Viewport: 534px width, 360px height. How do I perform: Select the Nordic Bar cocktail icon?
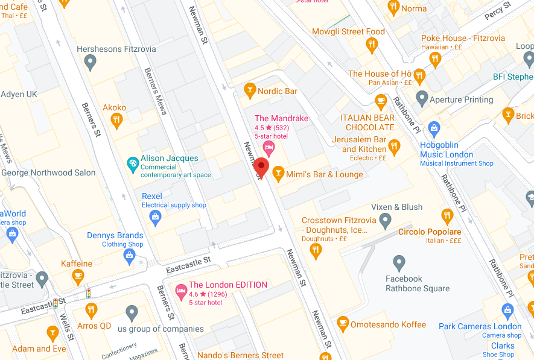tap(249, 91)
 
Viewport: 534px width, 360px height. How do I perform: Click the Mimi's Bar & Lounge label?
tap(324, 174)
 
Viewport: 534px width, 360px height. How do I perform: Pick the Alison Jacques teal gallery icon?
tap(132, 163)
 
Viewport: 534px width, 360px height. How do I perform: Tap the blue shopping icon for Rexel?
tap(156, 217)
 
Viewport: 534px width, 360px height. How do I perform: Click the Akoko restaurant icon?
tap(117, 120)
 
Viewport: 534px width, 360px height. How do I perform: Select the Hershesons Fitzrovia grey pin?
tap(91, 61)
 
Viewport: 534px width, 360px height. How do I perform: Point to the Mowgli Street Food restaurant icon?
tap(372, 44)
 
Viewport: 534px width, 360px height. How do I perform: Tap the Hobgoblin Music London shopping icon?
tap(433, 128)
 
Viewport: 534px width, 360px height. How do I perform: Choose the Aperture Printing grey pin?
tap(422, 98)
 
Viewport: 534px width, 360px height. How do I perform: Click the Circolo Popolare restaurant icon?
tap(447, 215)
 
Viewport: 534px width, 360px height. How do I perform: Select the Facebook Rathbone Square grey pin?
tap(399, 262)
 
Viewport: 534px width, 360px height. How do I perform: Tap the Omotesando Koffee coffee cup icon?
tap(343, 324)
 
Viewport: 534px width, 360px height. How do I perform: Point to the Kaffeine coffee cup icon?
tap(77, 276)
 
